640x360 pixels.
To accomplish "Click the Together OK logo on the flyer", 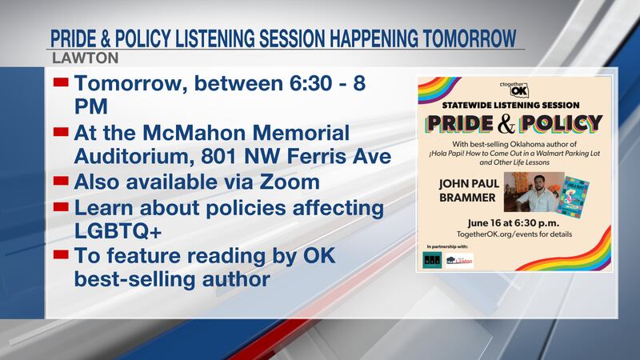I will (x=512, y=87).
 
